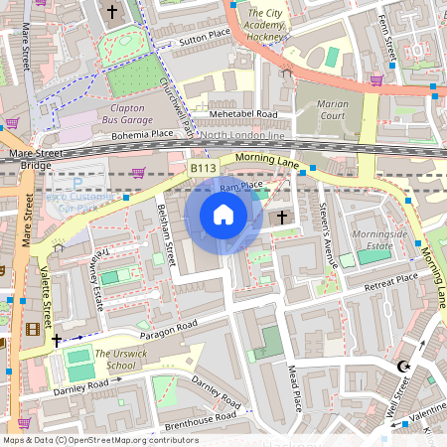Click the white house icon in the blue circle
223,215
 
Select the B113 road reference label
203,169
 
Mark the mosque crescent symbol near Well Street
403,367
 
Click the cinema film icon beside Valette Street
36,329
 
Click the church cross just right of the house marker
281,217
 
